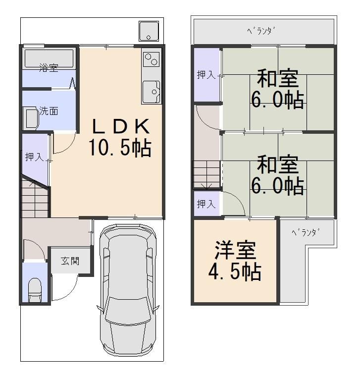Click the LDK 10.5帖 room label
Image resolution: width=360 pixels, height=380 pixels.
[x=120, y=137]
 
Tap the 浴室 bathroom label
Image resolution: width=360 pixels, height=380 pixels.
[x=49, y=68]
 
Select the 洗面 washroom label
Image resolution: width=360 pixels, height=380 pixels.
[x=49, y=111]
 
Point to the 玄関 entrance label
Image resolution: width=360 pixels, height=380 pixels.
[x=70, y=261]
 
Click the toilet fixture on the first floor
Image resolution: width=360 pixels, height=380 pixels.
[x=35, y=290]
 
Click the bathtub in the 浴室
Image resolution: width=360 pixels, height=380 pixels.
[x=49, y=58]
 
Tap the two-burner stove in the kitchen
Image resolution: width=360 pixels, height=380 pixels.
[x=152, y=59]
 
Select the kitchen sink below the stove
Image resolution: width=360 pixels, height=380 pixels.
[x=152, y=92]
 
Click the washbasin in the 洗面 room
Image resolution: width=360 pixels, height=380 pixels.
[x=32, y=119]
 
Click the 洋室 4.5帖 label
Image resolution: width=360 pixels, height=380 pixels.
[x=235, y=261]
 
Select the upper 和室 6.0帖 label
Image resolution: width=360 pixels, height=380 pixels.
[x=277, y=89]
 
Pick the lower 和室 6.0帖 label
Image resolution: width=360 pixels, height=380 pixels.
[x=277, y=175]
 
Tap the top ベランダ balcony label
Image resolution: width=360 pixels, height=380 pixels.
[x=261, y=31]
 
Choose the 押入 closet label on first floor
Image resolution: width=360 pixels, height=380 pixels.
[x=34, y=157]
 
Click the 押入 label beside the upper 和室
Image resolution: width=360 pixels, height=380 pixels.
[x=206, y=74]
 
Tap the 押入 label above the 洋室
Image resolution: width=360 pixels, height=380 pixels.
[x=206, y=204]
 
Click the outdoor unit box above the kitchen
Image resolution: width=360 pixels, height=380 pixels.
[x=149, y=31]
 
